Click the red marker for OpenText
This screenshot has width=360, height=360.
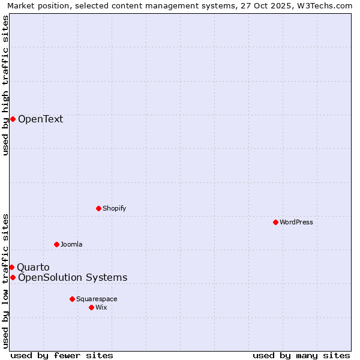13,119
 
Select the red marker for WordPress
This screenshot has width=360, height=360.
275,222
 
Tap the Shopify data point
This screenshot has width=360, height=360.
98,208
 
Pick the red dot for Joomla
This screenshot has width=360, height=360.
56,244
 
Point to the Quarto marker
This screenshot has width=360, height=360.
11,267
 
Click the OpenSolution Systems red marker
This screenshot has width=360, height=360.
13,277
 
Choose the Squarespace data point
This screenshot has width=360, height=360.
72,299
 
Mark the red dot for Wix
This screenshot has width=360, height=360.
91,307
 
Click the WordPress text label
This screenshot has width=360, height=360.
296,222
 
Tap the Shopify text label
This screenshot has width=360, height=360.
114,208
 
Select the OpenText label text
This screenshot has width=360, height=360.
40,119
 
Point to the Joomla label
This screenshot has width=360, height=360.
71,244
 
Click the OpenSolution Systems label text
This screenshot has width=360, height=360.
73,277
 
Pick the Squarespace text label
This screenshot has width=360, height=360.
97,299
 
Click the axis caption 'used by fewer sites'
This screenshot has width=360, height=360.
62,355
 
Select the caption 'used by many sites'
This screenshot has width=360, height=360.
301,355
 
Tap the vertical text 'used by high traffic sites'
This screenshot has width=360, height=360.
5,85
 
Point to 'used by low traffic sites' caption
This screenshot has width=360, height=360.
5,280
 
